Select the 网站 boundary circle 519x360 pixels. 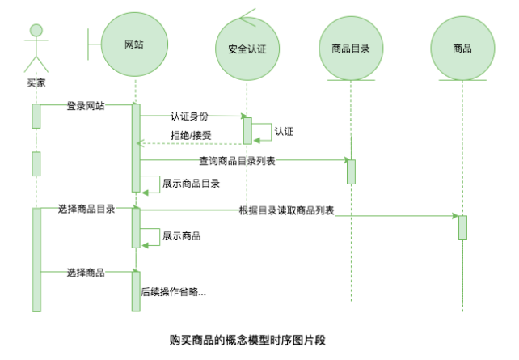click(134, 44)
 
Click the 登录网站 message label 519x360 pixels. click(85, 105)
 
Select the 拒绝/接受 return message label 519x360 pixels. click(191, 135)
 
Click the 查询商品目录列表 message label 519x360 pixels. click(237, 161)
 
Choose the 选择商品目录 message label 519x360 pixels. click(86, 209)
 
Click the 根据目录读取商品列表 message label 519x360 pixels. click(287, 210)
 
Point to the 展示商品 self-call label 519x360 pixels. click(181, 236)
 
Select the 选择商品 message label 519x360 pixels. click(85, 273)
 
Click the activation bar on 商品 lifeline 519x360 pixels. click(462, 227)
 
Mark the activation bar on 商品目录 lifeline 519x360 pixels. click(351, 172)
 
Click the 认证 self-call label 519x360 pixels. click(284, 130)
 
